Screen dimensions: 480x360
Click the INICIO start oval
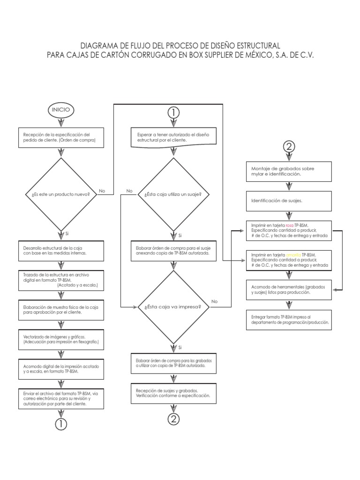coord(60,109)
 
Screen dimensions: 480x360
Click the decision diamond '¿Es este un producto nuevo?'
coord(60,194)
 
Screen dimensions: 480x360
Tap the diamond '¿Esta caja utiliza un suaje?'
coord(173,194)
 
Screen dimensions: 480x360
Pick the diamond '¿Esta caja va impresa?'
coord(173,307)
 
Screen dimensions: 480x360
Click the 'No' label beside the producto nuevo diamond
coord(102,191)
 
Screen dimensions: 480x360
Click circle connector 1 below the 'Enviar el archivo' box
coord(60,424)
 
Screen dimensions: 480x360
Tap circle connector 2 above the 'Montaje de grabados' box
coord(289,147)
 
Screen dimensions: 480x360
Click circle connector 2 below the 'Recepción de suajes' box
coord(173,419)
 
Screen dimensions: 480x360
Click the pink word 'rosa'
coord(289,225)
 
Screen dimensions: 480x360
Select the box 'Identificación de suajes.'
coord(289,200)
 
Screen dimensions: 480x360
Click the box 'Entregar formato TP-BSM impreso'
coord(289,320)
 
